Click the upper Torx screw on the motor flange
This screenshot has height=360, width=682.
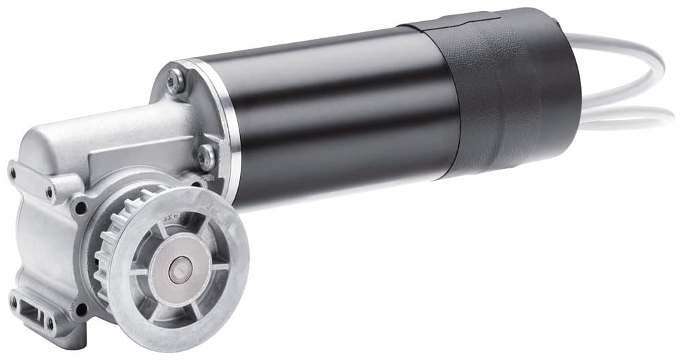177,81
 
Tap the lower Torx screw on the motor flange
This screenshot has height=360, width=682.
206,157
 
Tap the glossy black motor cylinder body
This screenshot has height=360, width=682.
327,116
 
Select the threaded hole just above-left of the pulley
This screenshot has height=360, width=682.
81,207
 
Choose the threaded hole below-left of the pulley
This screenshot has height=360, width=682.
83,310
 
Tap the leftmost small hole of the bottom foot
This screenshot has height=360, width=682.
13,301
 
